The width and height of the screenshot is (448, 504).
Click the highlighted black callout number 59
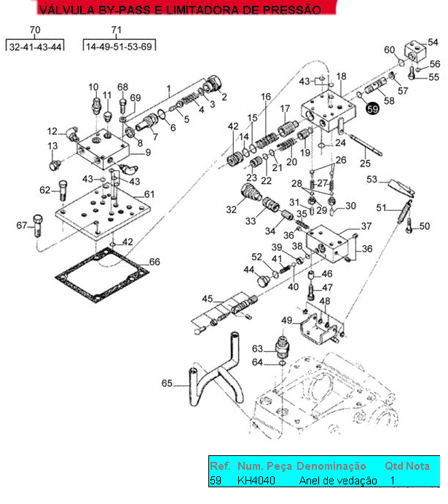click(373, 108)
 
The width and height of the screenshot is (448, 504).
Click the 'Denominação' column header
click(331, 466)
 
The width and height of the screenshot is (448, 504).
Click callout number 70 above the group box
click(35, 30)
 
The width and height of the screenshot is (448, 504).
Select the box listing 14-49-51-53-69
click(119, 47)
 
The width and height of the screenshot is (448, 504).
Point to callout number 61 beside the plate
click(149, 194)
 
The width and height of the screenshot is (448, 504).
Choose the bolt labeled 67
click(37, 227)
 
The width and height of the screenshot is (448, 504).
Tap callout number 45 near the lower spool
click(208, 298)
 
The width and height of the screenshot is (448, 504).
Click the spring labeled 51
click(401, 216)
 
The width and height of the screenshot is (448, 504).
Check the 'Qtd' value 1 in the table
click(392, 481)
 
